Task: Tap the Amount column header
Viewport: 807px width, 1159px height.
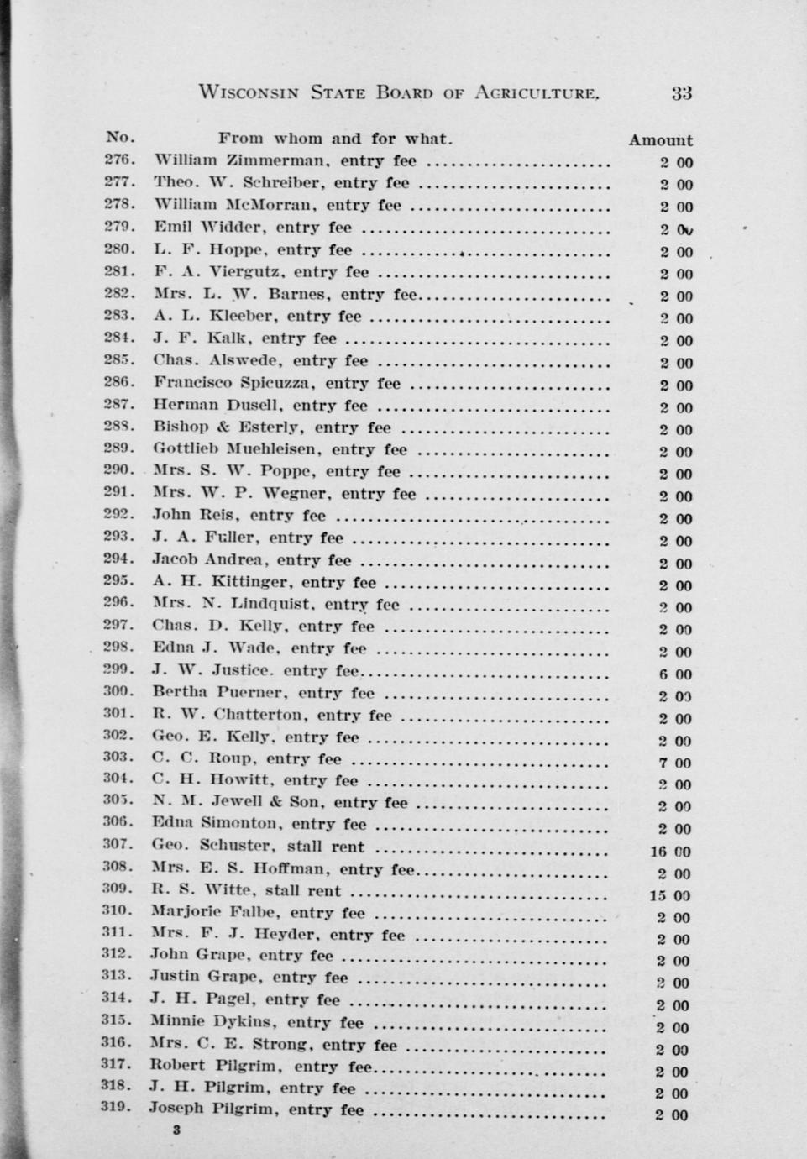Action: [661, 140]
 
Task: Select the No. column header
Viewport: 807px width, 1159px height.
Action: [120, 137]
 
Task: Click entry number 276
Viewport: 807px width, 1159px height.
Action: [119, 160]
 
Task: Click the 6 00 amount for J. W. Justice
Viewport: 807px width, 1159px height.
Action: [675, 674]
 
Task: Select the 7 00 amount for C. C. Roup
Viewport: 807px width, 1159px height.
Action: [675, 763]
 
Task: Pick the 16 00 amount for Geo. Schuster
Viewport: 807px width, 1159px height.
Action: [671, 852]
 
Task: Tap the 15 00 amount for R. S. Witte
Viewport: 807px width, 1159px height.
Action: [670, 896]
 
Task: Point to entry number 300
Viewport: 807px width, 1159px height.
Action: [118, 692]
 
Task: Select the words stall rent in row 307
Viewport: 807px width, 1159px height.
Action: [326, 847]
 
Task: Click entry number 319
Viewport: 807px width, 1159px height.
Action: [118, 1107]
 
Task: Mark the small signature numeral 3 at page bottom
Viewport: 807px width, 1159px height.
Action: [176, 1130]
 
